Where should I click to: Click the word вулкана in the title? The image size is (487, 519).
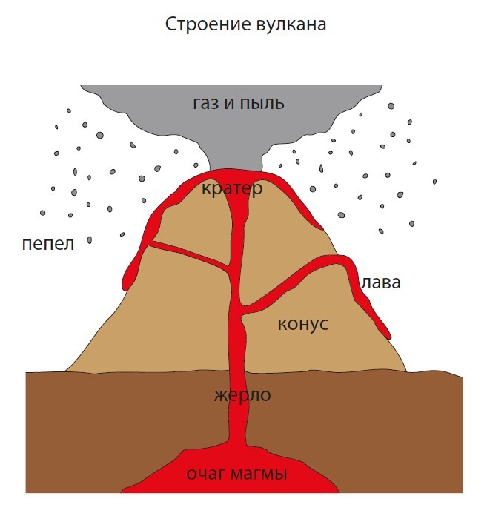[287, 24]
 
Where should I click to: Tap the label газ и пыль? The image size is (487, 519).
[239, 103]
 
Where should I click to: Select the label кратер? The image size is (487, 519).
[231, 189]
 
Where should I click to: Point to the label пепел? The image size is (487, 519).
[48, 244]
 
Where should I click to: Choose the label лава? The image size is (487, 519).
[381, 282]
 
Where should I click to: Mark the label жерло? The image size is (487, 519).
[242, 395]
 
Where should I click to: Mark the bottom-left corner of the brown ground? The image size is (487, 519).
[27, 491]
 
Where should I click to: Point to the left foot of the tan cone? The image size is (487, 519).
[67, 370]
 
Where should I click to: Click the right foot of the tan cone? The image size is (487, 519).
[405, 370]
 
